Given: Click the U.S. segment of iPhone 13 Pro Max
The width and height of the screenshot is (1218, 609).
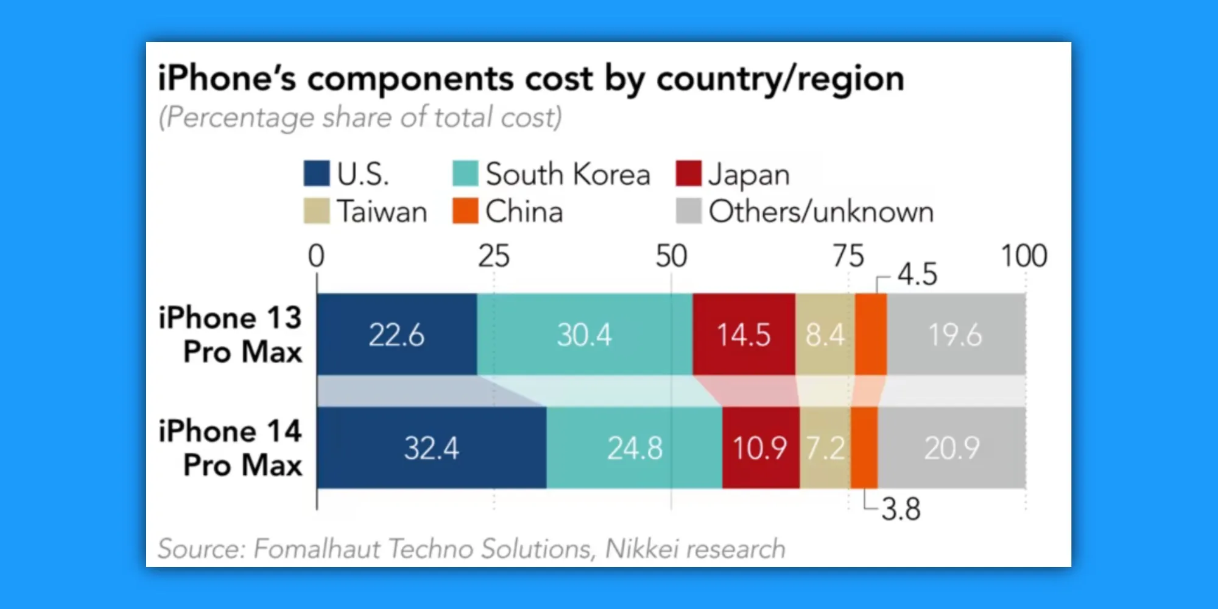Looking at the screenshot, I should point(396,334).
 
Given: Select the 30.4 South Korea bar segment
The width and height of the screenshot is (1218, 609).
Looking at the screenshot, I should point(585,334).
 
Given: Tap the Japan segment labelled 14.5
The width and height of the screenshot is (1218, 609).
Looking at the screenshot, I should point(744,334).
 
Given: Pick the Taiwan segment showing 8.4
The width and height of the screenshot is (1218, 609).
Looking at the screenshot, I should point(825,334).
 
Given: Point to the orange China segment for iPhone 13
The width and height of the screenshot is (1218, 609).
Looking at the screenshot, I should point(871,334).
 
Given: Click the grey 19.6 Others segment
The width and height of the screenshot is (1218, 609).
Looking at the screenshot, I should point(956,334).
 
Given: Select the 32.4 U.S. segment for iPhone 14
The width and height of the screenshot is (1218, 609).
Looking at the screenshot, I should point(431,448).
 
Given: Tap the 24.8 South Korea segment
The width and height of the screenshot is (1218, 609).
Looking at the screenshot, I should point(635,448).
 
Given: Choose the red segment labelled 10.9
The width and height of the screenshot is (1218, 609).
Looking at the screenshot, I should point(760,448).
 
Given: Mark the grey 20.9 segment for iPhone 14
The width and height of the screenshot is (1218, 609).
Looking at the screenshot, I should point(952,448).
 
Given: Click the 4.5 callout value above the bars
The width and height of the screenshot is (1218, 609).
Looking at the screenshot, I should point(917,275).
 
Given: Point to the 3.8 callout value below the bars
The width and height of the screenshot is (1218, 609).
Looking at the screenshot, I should point(901,509).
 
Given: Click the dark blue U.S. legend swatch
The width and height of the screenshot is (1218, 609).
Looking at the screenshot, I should point(317,174).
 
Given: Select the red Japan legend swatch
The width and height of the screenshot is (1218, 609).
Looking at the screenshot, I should point(689,174).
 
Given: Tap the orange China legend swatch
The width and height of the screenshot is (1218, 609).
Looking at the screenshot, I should point(465,211).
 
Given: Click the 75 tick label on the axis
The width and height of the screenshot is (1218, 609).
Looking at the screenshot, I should point(848,256).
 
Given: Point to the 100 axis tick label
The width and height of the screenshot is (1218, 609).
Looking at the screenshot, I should point(1024,256).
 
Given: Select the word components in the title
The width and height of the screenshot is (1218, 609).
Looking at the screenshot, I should point(410,79).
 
